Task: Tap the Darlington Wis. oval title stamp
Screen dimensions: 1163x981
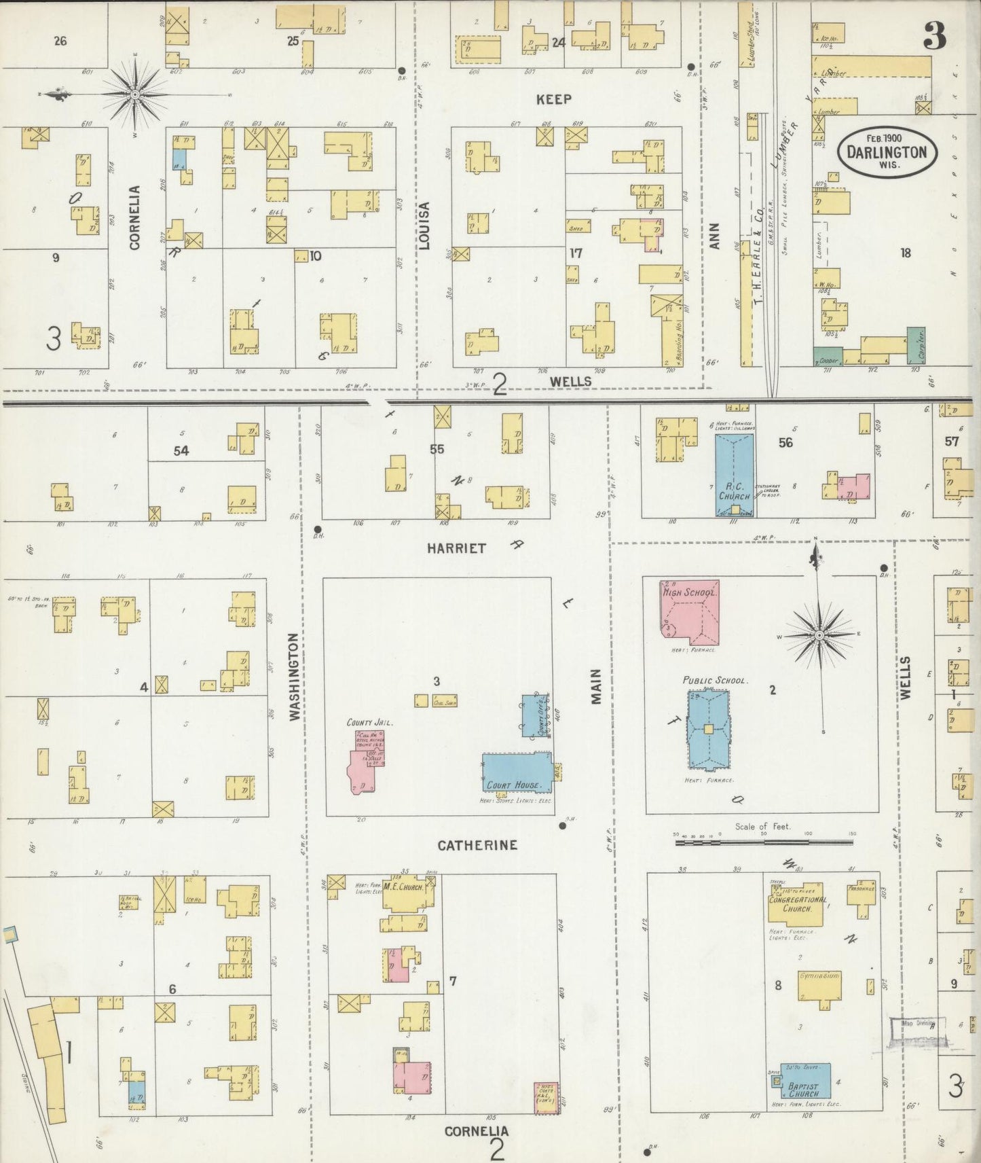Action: (x=887, y=152)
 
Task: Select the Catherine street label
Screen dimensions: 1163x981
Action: (x=477, y=845)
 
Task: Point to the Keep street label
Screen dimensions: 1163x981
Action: (x=554, y=99)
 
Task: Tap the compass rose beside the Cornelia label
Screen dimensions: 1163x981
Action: (x=134, y=93)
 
